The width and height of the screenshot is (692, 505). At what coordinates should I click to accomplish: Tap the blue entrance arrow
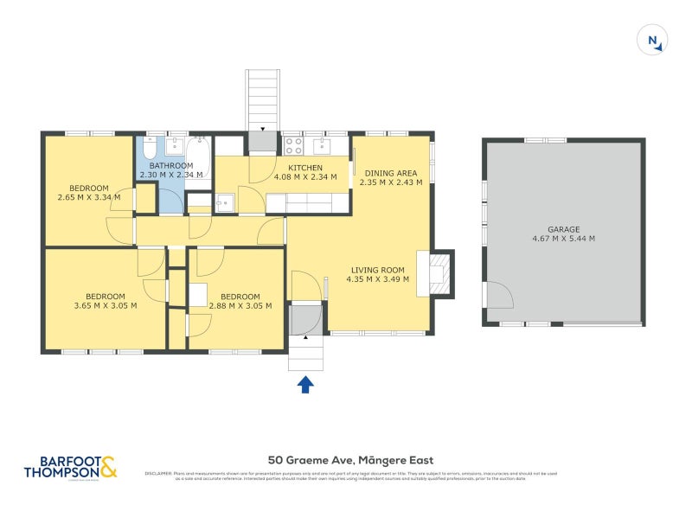click(x=305, y=384)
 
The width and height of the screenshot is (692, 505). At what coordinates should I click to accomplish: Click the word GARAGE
click(x=563, y=229)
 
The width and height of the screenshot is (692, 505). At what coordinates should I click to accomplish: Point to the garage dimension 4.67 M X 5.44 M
click(x=563, y=239)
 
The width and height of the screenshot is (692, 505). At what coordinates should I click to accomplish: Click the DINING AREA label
click(x=391, y=172)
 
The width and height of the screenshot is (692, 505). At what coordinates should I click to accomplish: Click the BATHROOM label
click(x=170, y=165)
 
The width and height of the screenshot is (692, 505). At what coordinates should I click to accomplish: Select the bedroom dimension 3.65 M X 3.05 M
click(x=105, y=305)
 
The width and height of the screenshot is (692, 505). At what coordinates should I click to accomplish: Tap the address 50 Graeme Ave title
click(x=350, y=460)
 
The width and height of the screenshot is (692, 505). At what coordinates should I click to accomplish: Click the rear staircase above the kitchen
click(x=263, y=99)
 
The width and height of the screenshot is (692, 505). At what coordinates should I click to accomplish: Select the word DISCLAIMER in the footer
click(x=158, y=474)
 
